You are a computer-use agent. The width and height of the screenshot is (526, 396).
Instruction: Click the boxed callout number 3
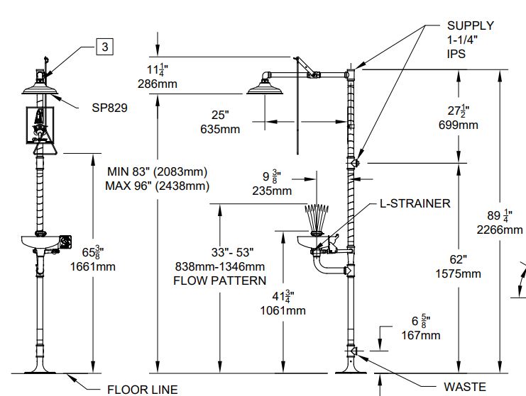(105, 47)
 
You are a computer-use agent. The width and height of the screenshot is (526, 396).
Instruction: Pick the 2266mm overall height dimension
(505, 230)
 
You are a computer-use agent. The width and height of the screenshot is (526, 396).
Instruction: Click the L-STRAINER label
(415, 203)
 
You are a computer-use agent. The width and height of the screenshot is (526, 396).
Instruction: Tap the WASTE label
(465, 387)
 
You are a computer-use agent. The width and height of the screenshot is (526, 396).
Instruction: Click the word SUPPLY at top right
(470, 26)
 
